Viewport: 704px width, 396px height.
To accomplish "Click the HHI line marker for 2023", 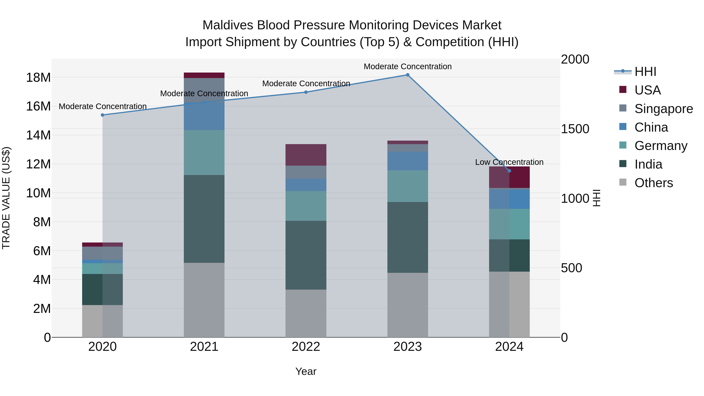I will [408, 75].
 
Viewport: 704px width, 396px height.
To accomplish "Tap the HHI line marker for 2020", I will [102, 115].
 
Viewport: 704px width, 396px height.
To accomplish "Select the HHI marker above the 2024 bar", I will [509, 171].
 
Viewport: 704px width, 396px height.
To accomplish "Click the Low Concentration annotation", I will [509, 162].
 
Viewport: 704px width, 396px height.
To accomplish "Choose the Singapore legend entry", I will [663, 109].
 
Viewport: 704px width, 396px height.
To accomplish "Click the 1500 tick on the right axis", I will [575, 129].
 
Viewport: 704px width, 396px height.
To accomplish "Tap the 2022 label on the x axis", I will [306, 347].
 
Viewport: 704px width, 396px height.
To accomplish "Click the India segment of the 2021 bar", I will [204, 219].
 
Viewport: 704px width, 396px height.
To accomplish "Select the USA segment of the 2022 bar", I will [306, 155].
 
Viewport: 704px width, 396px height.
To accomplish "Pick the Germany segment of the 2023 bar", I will [408, 186].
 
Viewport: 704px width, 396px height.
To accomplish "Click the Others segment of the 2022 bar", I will [306, 313].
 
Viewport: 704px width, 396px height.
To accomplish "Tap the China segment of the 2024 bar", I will [509, 199].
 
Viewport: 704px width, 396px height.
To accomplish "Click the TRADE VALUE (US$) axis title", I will [6, 198].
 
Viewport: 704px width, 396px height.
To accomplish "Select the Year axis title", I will [306, 371].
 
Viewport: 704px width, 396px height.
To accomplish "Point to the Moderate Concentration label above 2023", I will [408, 66].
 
